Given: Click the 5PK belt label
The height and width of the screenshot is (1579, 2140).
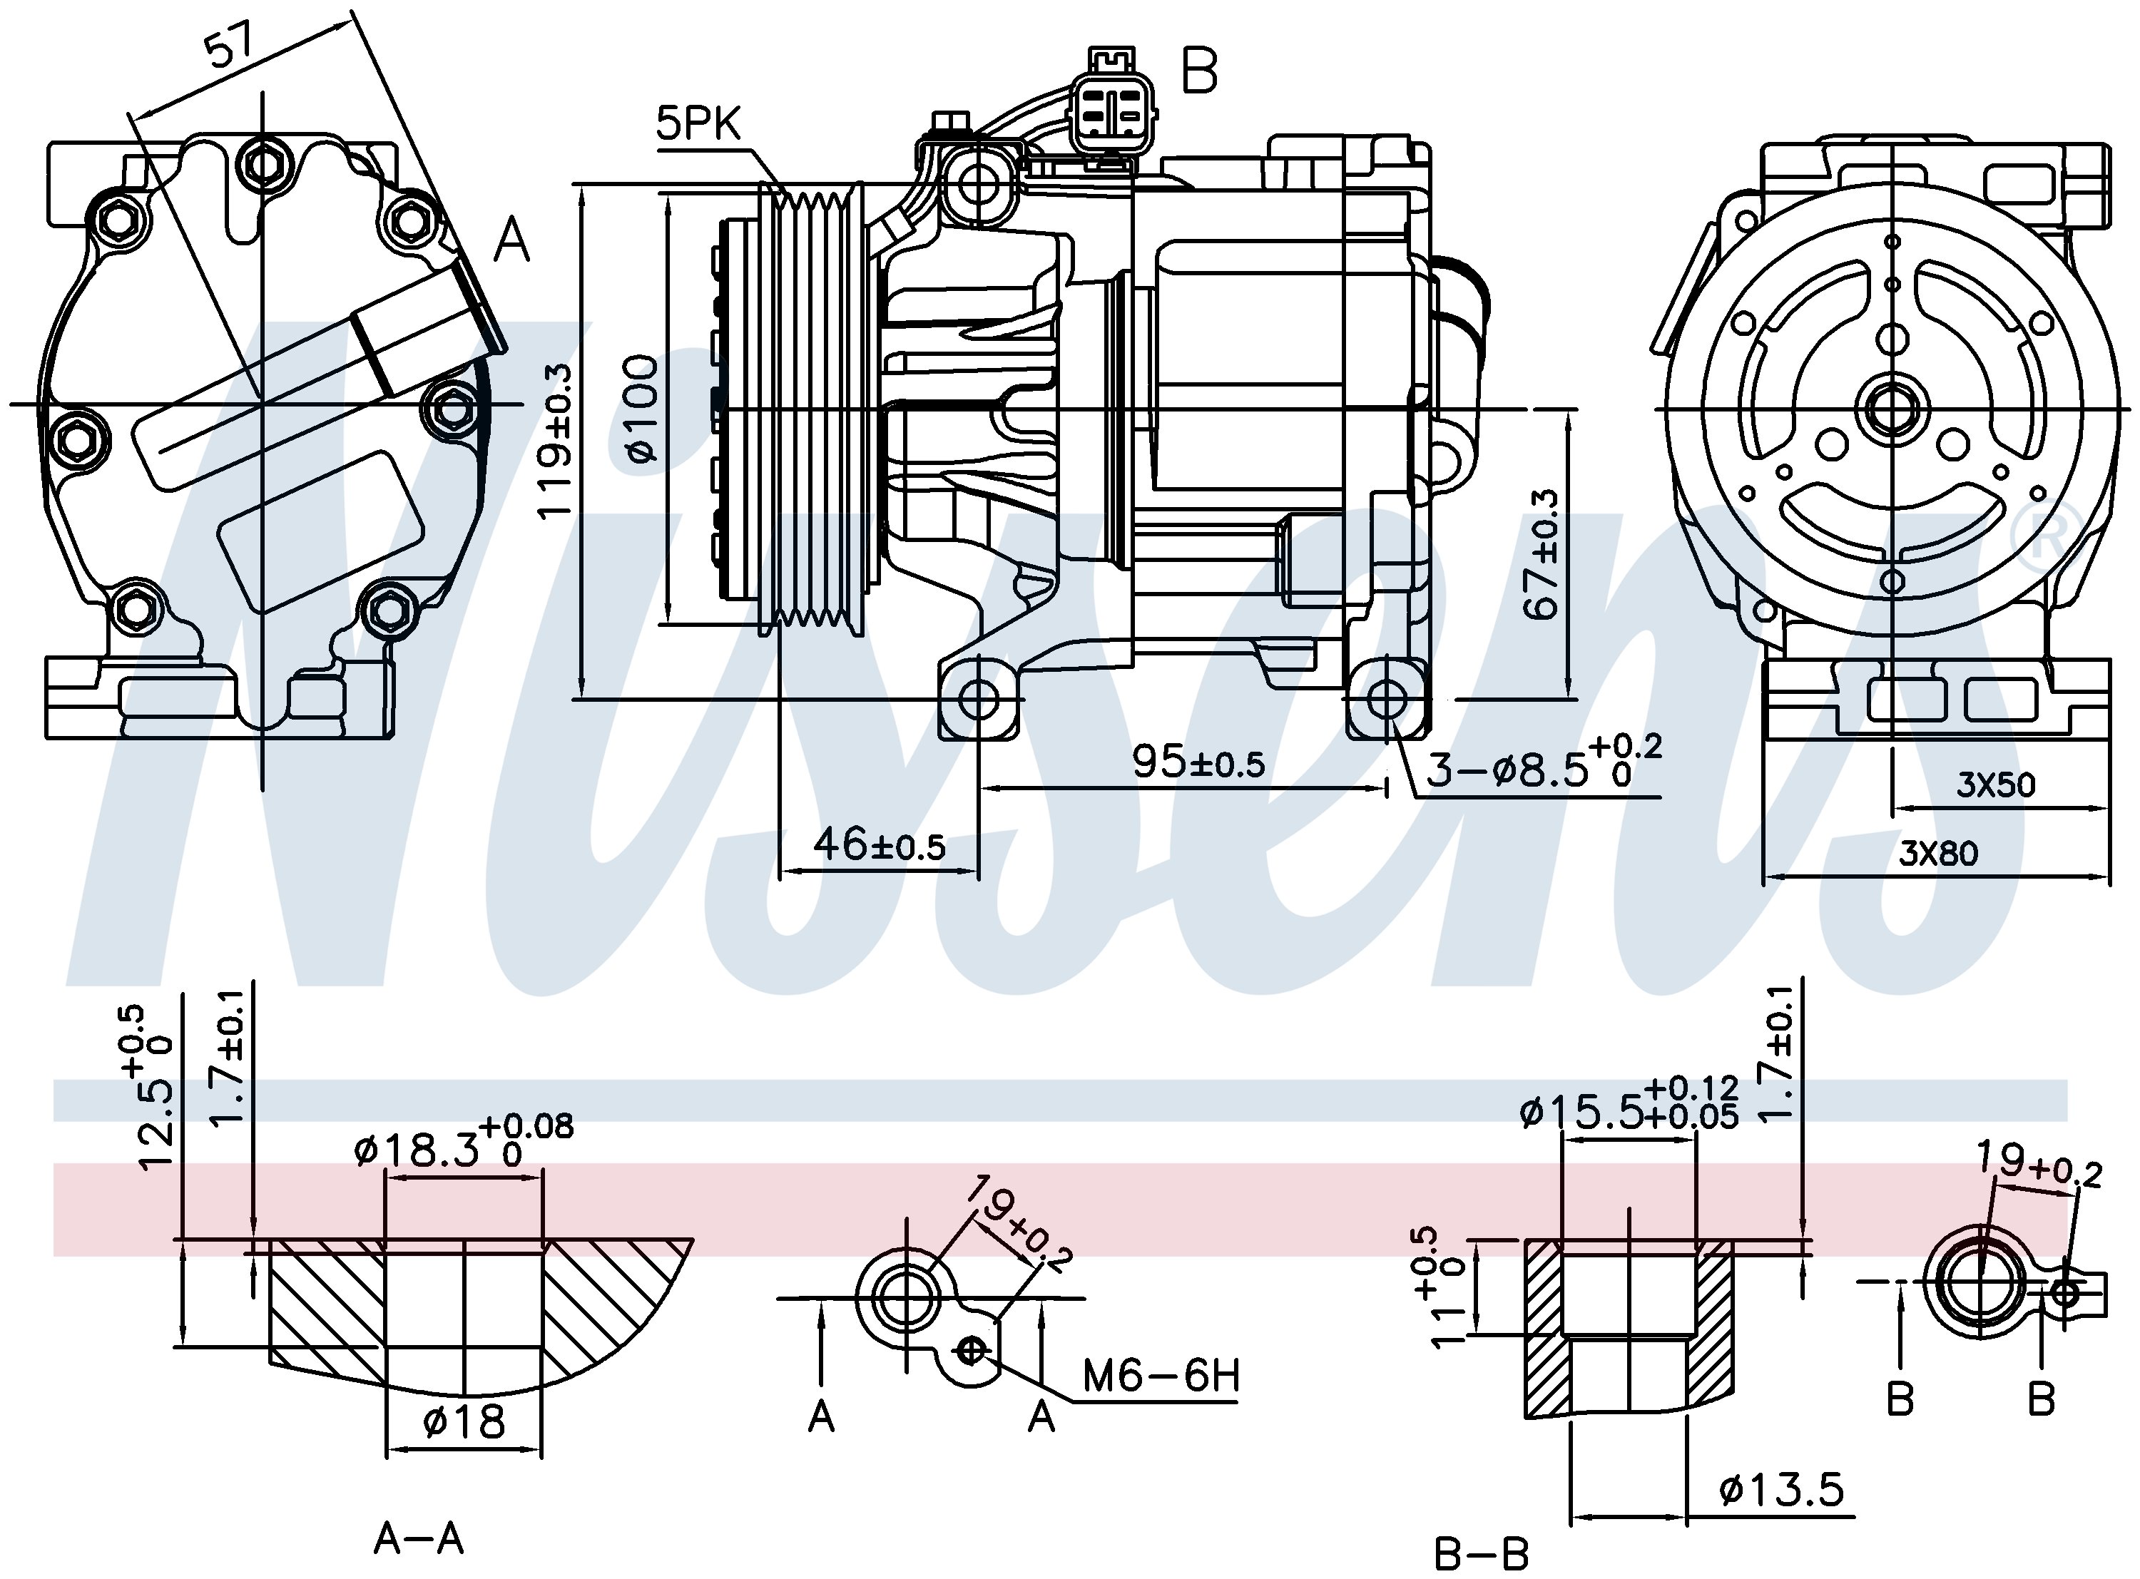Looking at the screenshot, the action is tap(698, 124).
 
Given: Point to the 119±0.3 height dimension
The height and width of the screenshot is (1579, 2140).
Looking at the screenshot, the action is tap(556, 441).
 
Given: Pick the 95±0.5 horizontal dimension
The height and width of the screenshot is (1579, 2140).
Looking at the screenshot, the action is tap(1198, 762).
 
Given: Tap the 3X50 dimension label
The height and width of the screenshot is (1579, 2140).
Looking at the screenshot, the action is tap(1996, 784).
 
